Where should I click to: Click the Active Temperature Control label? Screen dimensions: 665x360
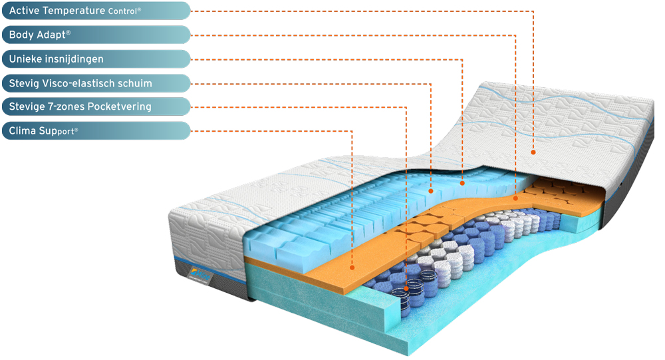click(x=96, y=11)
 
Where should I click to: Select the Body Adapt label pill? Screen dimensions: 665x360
click(x=96, y=35)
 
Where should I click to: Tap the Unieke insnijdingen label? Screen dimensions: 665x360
click(x=96, y=59)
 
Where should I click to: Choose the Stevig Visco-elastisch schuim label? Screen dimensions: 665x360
click(x=96, y=83)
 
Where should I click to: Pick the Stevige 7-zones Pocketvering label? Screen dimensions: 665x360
click(x=96, y=106)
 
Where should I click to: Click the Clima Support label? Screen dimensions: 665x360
click(x=96, y=130)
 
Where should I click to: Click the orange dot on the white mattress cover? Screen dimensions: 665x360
click(x=533, y=152)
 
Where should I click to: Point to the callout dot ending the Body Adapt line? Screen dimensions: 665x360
click(x=516, y=198)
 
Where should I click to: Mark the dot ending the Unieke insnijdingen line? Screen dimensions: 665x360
click(x=462, y=183)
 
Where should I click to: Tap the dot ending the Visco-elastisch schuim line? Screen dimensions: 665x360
click(x=431, y=191)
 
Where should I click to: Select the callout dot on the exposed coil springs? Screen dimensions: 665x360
click(x=406, y=288)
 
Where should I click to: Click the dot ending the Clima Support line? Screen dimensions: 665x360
click(x=352, y=268)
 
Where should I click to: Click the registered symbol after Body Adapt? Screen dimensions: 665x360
click(x=68, y=32)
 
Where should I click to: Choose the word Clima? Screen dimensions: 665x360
click(x=23, y=130)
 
